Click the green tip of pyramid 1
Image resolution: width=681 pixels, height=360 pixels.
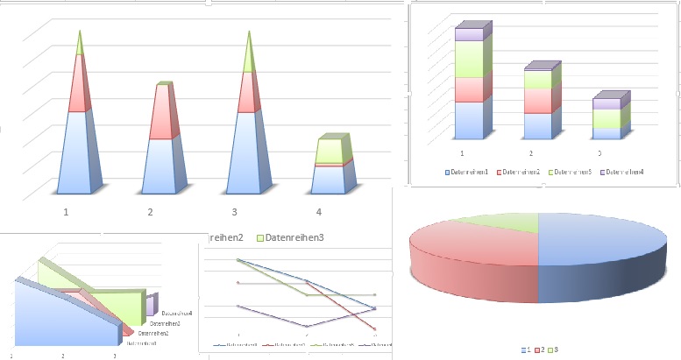[x=80, y=44]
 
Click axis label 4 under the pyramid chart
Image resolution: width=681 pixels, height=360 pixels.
[x=319, y=212]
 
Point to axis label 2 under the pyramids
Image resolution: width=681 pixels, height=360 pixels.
[x=151, y=212]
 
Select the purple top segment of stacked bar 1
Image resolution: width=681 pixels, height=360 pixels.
[x=469, y=33]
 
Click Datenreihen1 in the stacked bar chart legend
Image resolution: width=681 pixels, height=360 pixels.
[x=469, y=172]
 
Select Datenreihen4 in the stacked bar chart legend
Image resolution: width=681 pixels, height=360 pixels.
[x=624, y=172]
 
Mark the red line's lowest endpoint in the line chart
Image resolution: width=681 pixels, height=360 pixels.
[x=375, y=329]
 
